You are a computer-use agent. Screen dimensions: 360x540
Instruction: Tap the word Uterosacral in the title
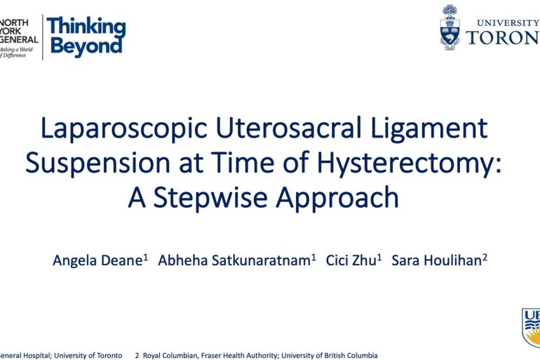click(277, 129)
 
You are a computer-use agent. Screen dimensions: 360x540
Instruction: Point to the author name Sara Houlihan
click(436, 260)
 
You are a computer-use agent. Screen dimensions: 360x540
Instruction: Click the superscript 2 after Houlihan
click(485, 257)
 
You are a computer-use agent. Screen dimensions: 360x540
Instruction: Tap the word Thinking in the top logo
click(86, 28)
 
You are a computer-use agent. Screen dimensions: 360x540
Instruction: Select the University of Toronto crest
click(450, 27)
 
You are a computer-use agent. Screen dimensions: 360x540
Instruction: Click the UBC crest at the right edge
click(531, 326)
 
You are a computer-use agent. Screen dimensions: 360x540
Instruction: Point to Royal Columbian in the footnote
click(173, 356)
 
